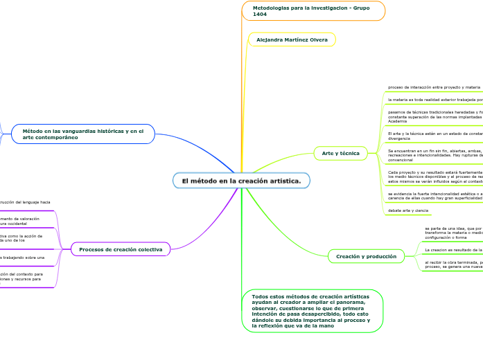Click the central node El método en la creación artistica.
tap(241, 181)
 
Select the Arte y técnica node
tap(340, 152)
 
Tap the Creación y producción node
tap(366, 256)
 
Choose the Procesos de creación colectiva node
tap(121, 249)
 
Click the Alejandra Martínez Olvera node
tap(292, 39)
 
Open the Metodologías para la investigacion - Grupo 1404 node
tap(311, 11)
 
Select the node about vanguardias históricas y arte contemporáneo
tap(83, 134)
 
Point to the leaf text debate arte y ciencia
tap(408, 210)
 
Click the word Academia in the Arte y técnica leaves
tap(398, 121)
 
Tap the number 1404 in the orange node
tap(260, 14)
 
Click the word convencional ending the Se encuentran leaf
tap(401, 160)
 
